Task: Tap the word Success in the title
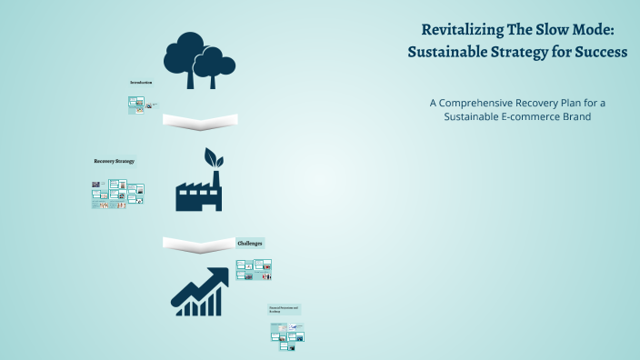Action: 599,53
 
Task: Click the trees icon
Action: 195,59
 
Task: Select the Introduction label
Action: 141,83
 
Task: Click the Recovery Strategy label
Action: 114,161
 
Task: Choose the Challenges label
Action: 250,244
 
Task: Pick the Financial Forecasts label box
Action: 284,310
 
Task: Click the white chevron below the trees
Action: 199,121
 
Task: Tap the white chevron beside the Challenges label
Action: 197,244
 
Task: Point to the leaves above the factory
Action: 212,157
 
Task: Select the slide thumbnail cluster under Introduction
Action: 137,105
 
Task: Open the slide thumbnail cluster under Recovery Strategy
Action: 118,194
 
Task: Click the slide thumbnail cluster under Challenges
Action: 254,269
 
